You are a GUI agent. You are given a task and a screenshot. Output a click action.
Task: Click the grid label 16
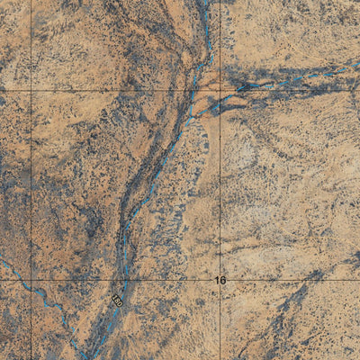(x=220, y=281)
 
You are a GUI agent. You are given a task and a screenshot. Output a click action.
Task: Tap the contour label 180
(x=117, y=298)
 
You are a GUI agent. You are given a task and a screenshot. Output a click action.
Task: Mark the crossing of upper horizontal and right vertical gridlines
(x=220, y=91)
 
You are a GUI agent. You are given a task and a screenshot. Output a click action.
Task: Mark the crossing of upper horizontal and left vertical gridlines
(x=31, y=91)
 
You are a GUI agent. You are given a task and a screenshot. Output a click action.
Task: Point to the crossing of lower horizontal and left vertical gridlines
(x=31, y=280)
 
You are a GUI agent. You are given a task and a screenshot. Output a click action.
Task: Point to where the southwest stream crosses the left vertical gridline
(x=31, y=290)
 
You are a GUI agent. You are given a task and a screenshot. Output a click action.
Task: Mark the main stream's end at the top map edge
(x=206, y=2)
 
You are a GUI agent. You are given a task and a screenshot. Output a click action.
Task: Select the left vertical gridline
(x=31, y=180)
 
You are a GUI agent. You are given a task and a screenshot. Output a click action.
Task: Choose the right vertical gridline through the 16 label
(x=220, y=180)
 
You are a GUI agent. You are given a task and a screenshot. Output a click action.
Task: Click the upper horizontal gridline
(x=108, y=91)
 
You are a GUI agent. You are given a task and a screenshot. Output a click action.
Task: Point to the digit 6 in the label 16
(x=223, y=281)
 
